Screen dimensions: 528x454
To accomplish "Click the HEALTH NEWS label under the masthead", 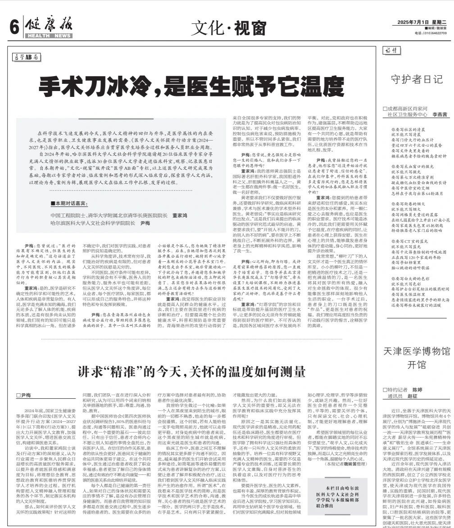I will (49, 36).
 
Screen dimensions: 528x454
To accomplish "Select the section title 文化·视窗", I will (228, 29).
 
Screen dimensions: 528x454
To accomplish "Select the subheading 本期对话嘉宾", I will (70, 204).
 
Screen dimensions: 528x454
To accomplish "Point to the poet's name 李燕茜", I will (440, 115).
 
